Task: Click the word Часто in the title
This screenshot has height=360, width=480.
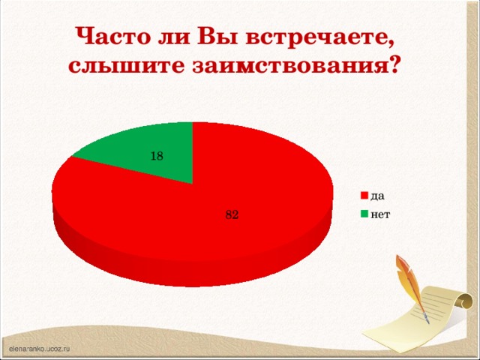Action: tap(109, 36)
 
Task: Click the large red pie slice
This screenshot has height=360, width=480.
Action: tap(247, 187)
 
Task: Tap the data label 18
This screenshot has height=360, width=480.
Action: tap(156, 157)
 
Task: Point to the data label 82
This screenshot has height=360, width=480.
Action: tap(232, 214)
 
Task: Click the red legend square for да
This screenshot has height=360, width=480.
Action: tap(364, 196)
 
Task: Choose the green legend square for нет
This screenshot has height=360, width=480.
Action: tap(364, 214)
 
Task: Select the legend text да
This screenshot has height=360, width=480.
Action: tap(378, 196)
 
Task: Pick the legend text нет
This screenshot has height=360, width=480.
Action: tap(380, 214)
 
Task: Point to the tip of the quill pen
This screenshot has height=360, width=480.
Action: tap(427, 322)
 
